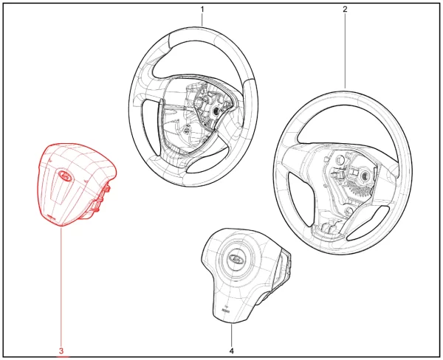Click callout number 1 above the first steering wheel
202,10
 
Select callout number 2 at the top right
345,9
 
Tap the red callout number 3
61,351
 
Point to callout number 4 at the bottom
232,351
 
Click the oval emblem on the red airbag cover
65,176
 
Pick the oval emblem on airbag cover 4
235,257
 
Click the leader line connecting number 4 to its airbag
232,335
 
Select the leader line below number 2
345,51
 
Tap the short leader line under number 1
202,20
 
